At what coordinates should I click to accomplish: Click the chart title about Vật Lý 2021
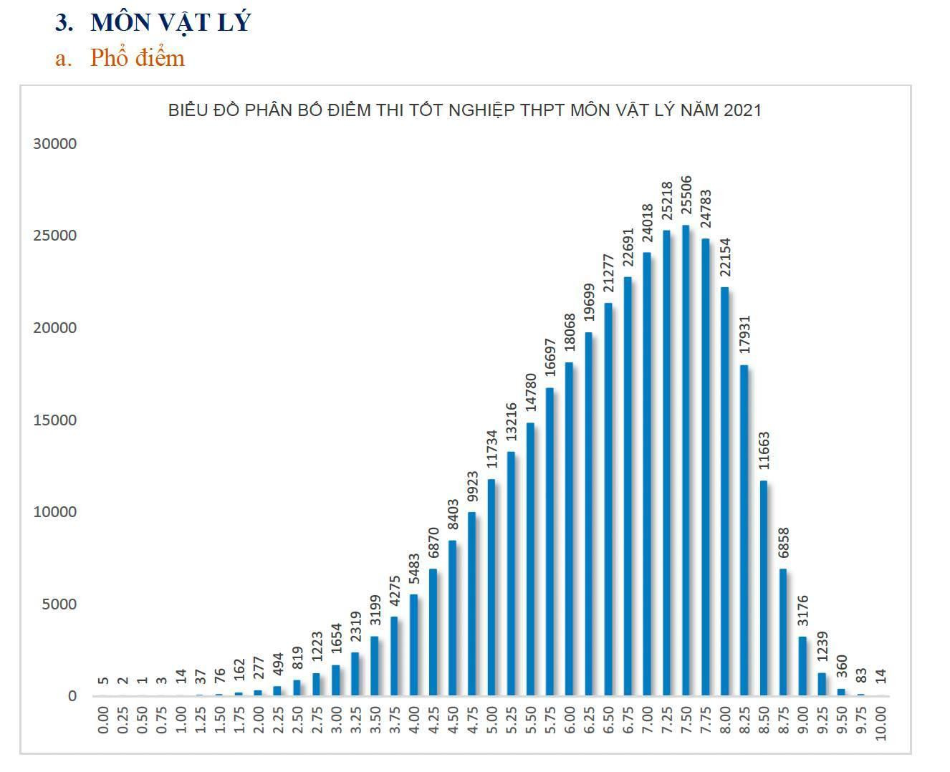[x=464, y=110]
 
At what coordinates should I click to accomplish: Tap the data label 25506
[x=686, y=198]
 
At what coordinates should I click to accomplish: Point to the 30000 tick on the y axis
[x=54, y=144]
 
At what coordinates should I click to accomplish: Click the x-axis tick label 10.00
[x=881, y=723]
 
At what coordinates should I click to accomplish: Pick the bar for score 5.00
[x=491, y=587]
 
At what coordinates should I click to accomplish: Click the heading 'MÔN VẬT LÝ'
[x=171, y=23]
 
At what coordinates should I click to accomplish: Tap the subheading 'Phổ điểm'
[x=137, y=58]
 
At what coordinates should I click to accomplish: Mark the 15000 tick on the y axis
[x=54, y=420]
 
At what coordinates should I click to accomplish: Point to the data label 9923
[x=472, y=487]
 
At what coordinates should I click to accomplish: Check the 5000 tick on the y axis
[x=58, y=604]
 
